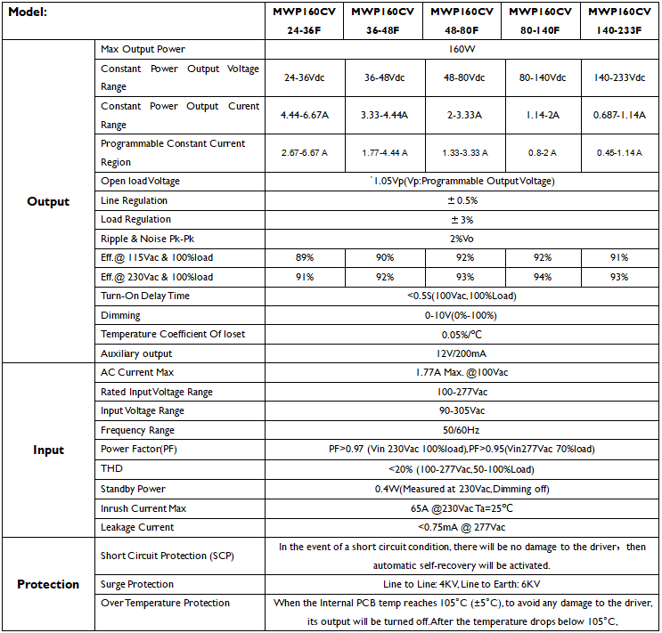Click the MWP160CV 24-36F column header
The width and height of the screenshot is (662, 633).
pos(302,20)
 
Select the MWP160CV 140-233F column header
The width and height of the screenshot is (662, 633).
pos(621,20)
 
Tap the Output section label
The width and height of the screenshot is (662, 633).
pos(48,201)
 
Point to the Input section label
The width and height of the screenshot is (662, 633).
pos(48,450)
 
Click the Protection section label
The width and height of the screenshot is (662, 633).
pos(48,584)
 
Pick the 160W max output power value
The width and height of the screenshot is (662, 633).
pos(462,49)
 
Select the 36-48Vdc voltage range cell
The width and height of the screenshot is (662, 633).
pos(382,77)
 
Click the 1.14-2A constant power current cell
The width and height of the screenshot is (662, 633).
pos(542,115)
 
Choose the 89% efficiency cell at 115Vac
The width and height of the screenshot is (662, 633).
pos(303,257)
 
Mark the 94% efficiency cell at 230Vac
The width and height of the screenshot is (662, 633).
pos(542,277)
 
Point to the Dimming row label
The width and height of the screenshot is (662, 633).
pos(120,315)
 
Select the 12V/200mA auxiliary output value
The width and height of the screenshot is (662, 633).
pos(462,353)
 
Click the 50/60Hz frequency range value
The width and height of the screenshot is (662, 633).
pos(462,430)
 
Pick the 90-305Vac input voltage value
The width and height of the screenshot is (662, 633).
pos(462,410)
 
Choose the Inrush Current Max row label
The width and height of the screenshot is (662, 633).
pos(143,508)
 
